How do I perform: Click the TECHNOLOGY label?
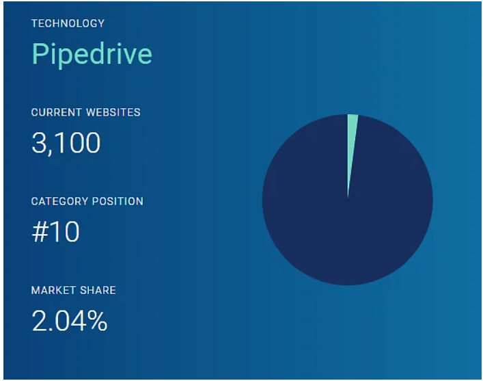point(68,23)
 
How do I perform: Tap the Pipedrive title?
point(92,55)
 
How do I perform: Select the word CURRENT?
point(57,112)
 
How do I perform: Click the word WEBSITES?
point(113,112)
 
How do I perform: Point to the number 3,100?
point(66,143)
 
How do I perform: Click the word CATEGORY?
point(59,202)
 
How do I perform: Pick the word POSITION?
point(118,202)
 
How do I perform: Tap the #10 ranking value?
point(55,232)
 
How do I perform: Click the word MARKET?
point(53,290)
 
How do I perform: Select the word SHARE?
point(98,290)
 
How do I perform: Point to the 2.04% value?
point(70,321)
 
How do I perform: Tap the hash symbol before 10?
point(40,232)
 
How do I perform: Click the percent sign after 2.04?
point(97,321)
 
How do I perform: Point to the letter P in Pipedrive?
point(40,53)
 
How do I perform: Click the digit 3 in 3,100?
point(39,142)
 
